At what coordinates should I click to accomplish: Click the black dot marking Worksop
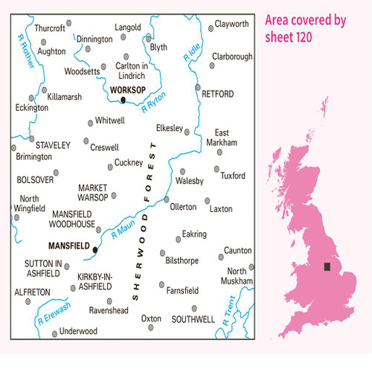[123, 100]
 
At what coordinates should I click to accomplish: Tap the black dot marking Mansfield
[95, 250]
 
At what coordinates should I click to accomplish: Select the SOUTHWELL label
[193, 319]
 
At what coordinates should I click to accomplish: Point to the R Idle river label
[190, 53]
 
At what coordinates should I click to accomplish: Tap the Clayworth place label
[231, 25]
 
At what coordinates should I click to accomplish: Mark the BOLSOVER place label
[35, 180]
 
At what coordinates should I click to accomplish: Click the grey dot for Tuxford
[218, 170]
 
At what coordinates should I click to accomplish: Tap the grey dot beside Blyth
[149, 38]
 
